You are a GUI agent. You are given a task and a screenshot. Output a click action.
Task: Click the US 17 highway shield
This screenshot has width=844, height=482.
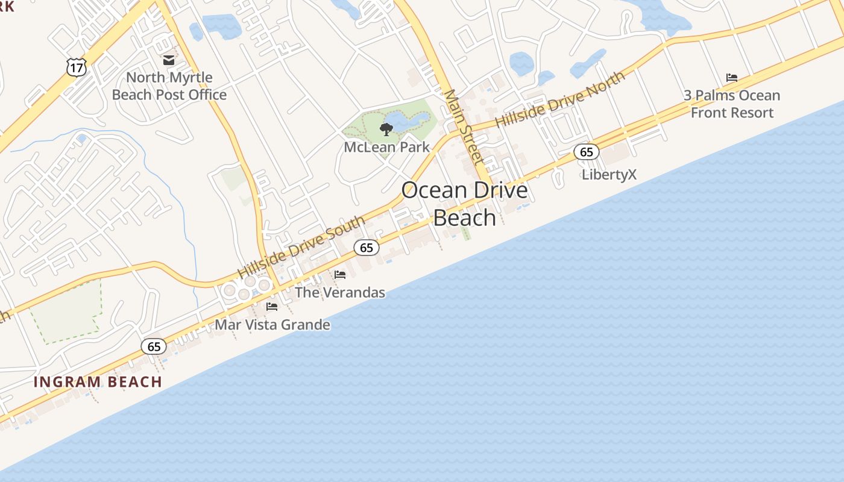click(77, 67)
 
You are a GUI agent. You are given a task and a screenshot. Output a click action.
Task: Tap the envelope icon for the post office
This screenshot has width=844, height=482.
click(168, 60)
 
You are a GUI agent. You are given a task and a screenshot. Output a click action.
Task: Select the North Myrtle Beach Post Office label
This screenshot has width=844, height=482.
click(169, 86)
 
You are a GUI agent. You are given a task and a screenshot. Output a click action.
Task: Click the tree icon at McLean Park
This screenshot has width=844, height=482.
click(386, 129)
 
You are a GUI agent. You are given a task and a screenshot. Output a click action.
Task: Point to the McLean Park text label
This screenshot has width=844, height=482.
click(386, 147)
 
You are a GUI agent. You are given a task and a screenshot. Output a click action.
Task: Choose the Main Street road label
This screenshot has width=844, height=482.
click(464, 127)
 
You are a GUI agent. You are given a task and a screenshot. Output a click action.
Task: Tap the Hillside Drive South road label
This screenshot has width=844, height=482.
click(301, 248)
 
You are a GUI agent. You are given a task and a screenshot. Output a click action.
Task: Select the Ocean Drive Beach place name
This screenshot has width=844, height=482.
click(464, 204)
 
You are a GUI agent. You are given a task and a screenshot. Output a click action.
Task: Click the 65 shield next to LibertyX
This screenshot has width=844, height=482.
click(586, 152)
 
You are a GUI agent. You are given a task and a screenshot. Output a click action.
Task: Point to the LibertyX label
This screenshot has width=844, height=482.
click(609, 175)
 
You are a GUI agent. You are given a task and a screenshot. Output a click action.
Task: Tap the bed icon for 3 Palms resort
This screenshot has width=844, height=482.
click(732, 78)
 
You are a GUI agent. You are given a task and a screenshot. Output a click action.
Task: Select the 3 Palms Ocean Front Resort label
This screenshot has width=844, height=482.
click(732, 104)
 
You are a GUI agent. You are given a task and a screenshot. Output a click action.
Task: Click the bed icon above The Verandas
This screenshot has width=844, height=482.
click(340, 275)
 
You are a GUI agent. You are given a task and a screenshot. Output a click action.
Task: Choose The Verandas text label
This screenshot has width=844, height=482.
click(339, 293)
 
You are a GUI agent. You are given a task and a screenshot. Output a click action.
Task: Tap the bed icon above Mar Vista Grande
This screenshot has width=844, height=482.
click(272, 307)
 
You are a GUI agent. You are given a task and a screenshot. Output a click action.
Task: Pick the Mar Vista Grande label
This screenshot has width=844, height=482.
click(272, 325)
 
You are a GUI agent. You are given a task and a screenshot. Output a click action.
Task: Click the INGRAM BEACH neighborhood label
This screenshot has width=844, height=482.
click(98, 382)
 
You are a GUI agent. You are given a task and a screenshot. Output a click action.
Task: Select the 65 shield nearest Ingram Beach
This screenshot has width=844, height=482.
click(154, 346)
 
